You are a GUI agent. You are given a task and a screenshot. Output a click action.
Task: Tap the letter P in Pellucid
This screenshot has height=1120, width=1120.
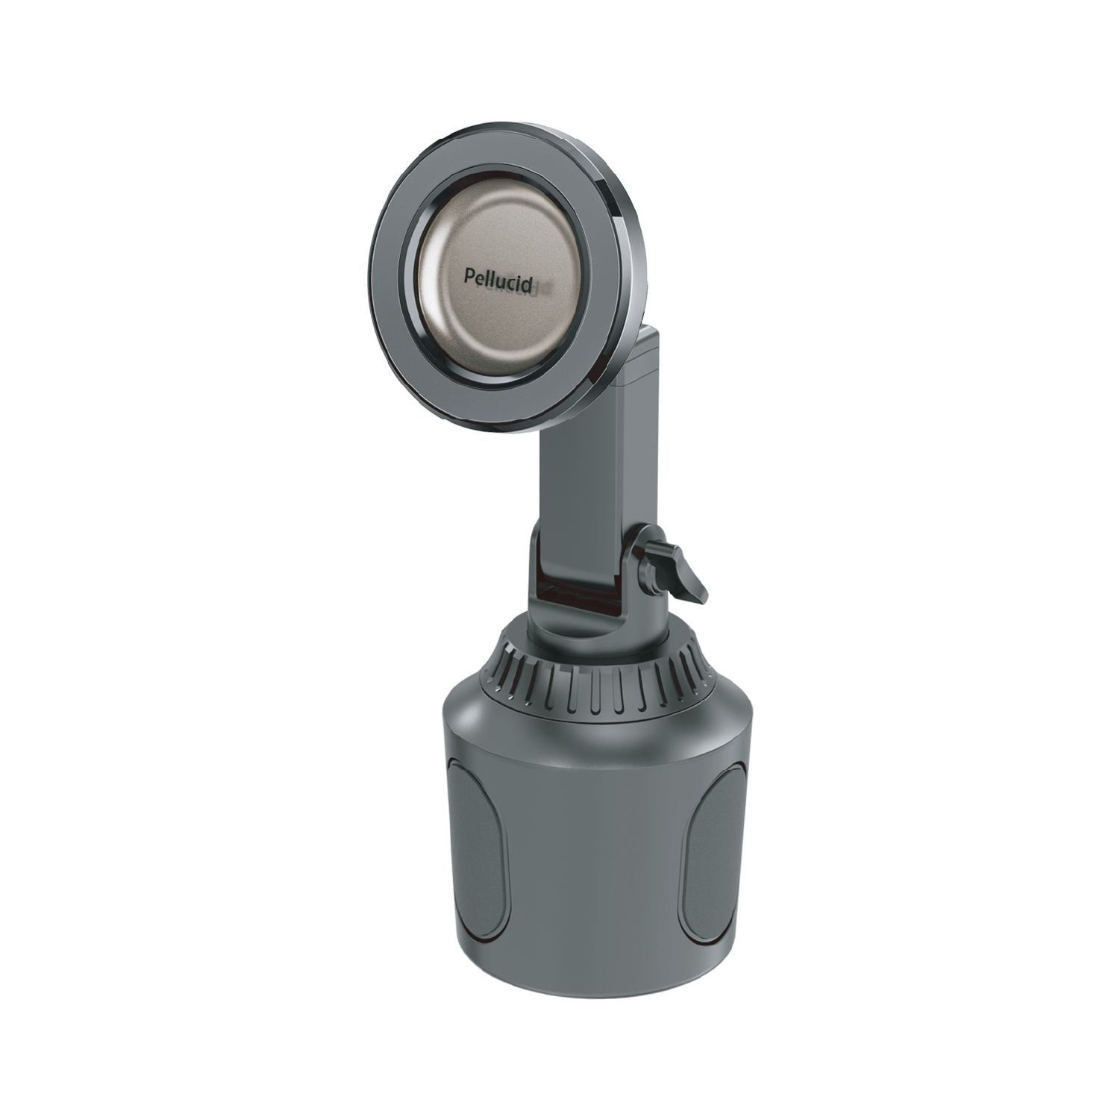pyautogui.click(x=469, y=277)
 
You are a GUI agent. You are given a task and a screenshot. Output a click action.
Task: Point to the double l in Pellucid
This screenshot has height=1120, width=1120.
pyautogui.click(x=489, y=277)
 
